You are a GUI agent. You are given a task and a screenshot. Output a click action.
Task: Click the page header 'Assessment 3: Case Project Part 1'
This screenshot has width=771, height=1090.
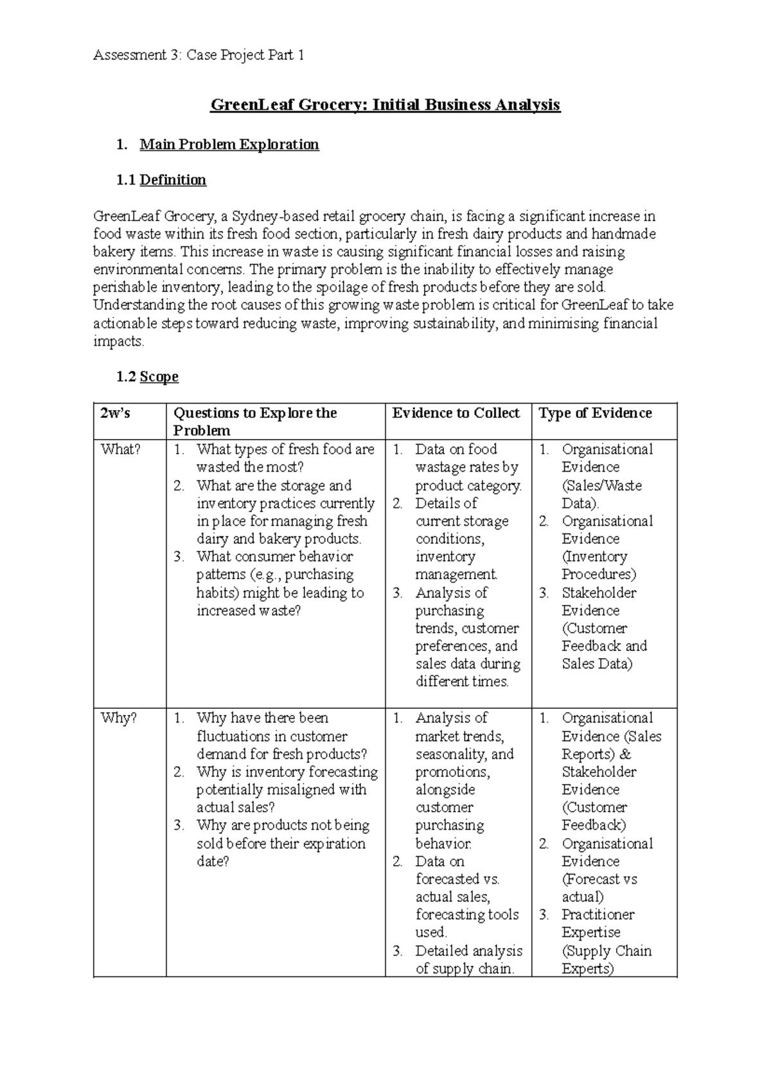click(199, 55)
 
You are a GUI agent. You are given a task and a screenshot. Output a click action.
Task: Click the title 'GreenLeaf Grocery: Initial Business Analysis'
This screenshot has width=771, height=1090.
click(385, 105)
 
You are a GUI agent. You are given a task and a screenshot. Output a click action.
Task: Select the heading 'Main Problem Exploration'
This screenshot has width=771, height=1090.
click(229, 144)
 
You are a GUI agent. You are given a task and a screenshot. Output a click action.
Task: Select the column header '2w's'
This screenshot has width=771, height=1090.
click(115, 413)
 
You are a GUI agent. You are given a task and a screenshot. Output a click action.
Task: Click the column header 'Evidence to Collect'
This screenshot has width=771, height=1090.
click(456, 413)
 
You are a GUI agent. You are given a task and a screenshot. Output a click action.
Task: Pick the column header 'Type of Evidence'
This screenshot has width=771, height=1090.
click(595, 413)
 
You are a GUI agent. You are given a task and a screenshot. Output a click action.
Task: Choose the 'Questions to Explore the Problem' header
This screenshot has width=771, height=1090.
click(255, 422)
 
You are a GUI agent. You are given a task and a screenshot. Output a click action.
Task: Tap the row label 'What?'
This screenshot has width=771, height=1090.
click(120, 449)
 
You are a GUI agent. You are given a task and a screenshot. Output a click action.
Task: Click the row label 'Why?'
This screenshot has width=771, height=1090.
click(119, 718)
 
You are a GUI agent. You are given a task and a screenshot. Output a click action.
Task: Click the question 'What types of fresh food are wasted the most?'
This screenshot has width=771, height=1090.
click(285, 458)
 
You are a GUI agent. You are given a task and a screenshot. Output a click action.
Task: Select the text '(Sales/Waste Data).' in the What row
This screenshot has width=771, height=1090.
click(601, 494)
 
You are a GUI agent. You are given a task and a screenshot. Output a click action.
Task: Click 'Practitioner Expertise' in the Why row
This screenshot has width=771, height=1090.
click(598, 924)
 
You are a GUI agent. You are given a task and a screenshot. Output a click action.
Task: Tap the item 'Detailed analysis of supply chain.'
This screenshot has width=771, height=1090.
click(468, 960)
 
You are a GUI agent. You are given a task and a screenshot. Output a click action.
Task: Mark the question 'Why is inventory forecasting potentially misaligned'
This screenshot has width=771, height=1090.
click(287, 789)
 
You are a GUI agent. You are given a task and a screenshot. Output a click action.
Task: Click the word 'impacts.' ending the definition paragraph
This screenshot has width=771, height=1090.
click(119, 342)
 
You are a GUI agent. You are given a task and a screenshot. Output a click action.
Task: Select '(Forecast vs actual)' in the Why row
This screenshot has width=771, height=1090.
click(599, 888)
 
